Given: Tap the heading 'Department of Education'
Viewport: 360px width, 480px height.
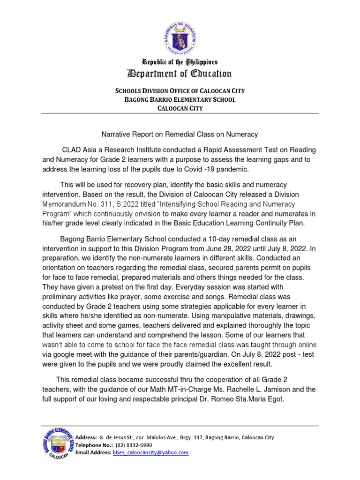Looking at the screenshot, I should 180,74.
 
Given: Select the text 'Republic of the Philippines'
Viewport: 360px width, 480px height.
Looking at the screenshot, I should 180,62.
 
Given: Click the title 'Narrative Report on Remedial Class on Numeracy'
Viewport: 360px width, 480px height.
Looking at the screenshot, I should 180,135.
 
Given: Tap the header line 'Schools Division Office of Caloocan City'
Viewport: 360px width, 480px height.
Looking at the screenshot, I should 180,91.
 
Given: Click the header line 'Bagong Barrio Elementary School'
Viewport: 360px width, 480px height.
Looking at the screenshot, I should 180,100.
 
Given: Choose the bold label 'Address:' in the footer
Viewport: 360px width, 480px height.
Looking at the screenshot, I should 86,437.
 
